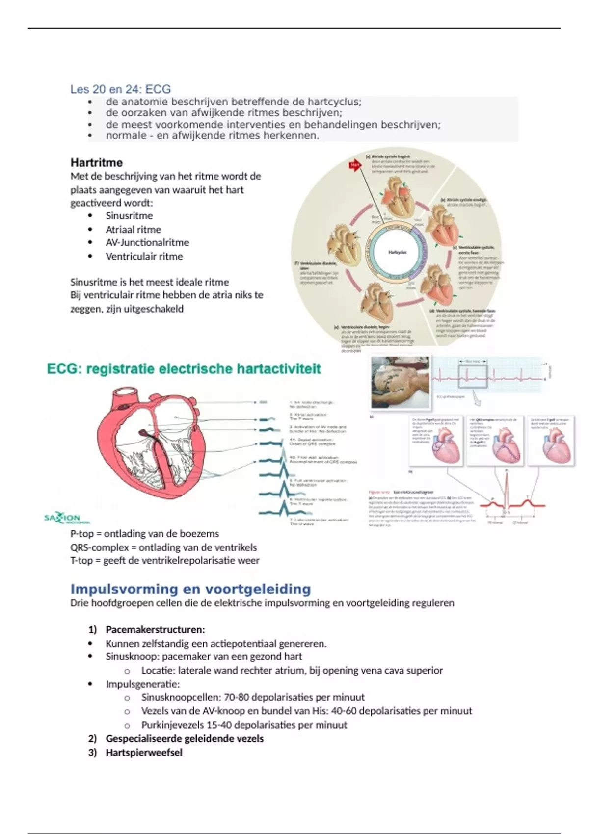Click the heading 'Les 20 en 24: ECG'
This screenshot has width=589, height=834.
coord(120,89)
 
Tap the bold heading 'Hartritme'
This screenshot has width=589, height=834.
coord(96,162)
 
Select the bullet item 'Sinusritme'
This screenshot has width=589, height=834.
coord(129,216)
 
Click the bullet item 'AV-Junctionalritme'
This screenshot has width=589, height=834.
coord(147,242)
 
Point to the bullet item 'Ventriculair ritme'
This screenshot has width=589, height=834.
coord(144,256)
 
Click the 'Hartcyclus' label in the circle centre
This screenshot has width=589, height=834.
coord(397,252)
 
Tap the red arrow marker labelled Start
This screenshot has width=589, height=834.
coord(354,165)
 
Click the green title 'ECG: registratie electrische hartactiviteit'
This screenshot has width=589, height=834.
coord(184,369)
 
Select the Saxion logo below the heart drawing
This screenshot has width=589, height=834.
coord(62,518)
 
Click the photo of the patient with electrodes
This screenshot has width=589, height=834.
coord(400,382)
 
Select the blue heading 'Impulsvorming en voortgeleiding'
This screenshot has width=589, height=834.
coord(190,589)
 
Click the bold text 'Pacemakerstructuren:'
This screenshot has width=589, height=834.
coord(155,630)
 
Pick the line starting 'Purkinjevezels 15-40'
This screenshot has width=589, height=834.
coord(244,725)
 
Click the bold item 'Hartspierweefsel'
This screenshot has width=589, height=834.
coord(144,753)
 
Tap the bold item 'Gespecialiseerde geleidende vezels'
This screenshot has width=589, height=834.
coord(185,739)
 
